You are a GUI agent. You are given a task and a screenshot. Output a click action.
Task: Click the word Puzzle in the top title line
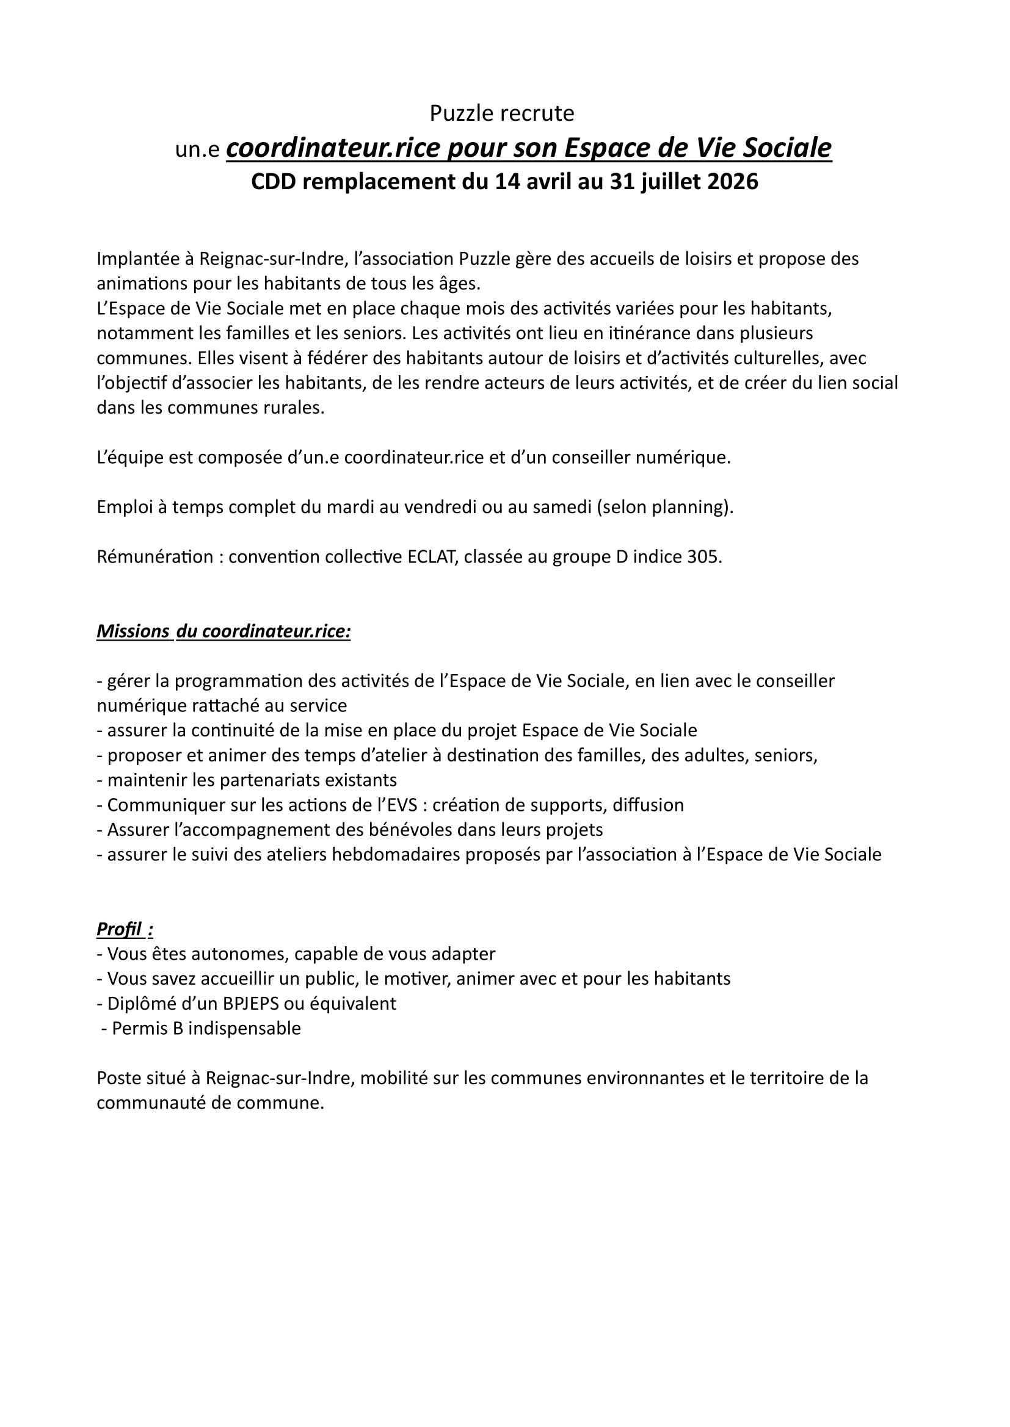457,113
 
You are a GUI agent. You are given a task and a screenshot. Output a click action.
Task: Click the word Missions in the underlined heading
133,631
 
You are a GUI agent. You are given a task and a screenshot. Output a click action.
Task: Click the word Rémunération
155,557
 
